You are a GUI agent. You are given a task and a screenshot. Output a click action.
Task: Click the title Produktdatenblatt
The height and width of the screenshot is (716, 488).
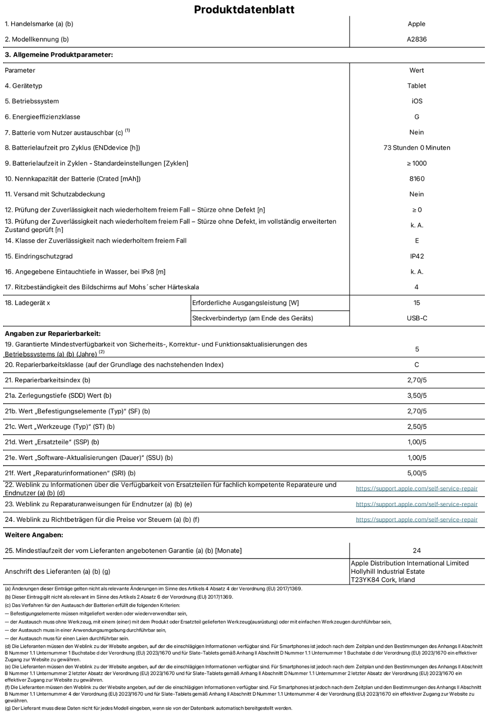244,9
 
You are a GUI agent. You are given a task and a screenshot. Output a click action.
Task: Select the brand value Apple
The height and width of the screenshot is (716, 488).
416,24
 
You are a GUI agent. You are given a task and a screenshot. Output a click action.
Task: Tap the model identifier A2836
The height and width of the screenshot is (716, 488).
416,39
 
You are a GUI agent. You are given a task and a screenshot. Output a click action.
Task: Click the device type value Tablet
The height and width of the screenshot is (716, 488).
416,85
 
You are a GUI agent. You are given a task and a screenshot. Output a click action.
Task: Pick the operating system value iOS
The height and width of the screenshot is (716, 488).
416,101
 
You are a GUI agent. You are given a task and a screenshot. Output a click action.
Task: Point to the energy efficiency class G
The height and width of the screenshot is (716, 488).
416,117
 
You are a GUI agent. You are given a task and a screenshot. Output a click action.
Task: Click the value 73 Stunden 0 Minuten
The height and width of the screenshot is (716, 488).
416,148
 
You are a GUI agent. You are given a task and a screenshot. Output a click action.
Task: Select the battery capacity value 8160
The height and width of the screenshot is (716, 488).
416,179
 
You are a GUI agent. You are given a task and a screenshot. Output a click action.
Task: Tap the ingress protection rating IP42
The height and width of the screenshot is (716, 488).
416,256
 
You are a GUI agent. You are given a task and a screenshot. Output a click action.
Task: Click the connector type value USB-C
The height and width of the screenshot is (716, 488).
416,318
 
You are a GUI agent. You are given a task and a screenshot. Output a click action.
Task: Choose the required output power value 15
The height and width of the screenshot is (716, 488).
416,303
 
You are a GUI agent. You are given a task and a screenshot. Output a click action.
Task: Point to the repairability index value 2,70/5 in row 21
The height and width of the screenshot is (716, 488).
416,380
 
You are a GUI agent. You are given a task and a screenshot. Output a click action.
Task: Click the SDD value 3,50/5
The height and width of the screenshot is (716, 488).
416,396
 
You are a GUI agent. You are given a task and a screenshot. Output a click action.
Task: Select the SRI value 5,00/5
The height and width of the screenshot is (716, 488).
416,473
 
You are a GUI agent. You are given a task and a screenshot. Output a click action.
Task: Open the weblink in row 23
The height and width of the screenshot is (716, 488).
416,504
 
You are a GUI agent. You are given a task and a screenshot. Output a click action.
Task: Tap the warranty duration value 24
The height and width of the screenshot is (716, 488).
416,550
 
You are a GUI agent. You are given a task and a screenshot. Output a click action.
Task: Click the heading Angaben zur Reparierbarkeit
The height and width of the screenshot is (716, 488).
52,333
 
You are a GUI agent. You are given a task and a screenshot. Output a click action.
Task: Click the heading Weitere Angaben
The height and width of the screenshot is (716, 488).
34,535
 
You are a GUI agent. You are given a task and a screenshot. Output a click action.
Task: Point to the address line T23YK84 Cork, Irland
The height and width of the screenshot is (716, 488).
383,580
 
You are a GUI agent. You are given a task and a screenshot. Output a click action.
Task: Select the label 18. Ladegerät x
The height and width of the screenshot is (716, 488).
27,303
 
